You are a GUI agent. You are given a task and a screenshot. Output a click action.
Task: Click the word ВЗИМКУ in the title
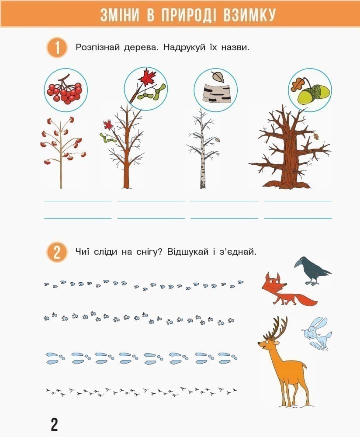249,14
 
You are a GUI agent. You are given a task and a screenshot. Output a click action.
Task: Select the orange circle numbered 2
57,252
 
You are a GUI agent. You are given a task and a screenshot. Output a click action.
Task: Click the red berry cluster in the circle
65,90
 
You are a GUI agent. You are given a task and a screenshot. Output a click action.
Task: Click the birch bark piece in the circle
217,94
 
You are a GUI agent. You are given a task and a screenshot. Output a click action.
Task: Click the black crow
312,271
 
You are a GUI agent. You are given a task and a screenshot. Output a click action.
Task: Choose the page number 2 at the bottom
54,424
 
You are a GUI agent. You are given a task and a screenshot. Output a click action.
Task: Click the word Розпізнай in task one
98,47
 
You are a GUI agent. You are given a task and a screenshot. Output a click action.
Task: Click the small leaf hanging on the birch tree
216,139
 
